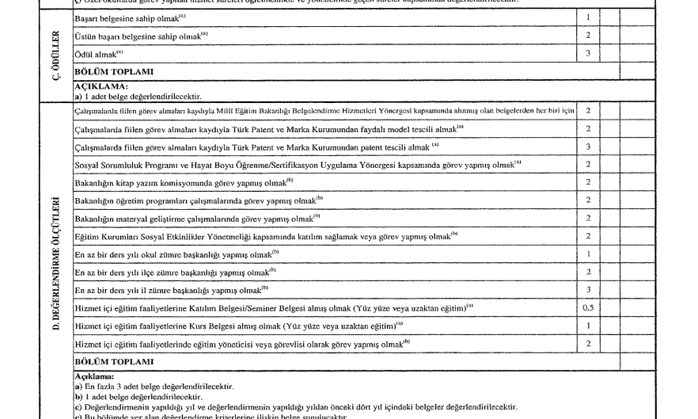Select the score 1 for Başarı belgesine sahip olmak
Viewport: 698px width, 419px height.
(588, 17)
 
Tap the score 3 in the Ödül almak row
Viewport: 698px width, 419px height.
(588, 54)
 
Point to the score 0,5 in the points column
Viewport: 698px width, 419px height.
(588, 307)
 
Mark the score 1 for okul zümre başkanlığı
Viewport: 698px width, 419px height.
(588, 253)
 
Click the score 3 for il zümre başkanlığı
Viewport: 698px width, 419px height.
(588, 290)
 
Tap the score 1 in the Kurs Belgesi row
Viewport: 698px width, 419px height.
(588, 325)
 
